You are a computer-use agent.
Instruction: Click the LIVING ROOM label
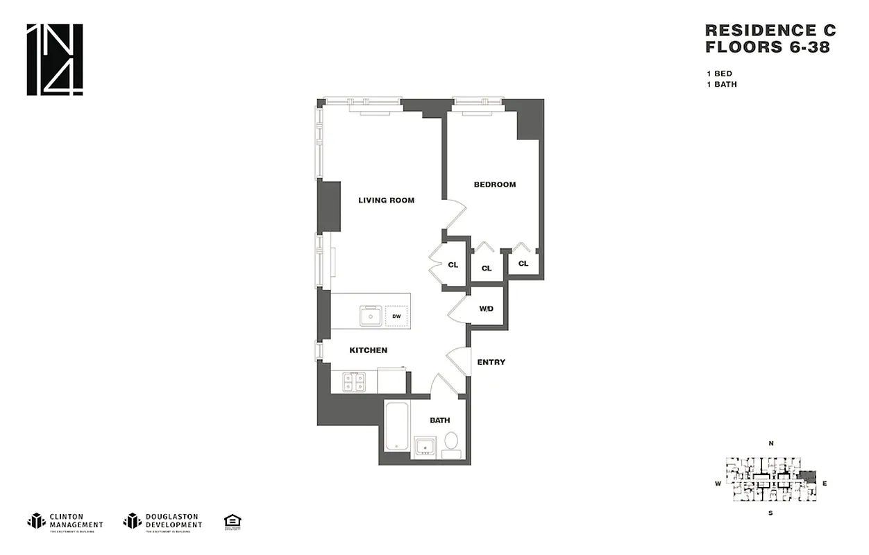click(386, 200)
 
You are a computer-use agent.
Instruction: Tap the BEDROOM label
click(494, 185)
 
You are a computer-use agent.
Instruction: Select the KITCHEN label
click(368, 350)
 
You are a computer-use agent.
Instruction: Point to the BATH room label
click(439, 420)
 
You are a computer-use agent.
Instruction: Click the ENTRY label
click(491, 362)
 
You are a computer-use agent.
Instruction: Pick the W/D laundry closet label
click(486, 308)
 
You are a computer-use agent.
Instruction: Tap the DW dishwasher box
click(396, 316)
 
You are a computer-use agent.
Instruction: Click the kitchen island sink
click(369, 316)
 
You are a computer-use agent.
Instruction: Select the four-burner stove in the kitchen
click(354, 381)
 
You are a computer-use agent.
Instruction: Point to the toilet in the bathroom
click(451, 443)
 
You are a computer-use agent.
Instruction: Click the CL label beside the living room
click(453, 265)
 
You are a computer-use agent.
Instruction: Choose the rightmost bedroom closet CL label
click(523, 264)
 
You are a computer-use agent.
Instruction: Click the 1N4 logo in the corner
click(55, 60)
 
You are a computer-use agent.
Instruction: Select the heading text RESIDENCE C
click(770, 31)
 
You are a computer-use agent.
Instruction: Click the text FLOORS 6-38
click(767, 48)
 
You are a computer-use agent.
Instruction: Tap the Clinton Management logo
click(65, 521)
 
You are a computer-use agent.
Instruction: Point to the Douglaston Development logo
click(162, 521)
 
